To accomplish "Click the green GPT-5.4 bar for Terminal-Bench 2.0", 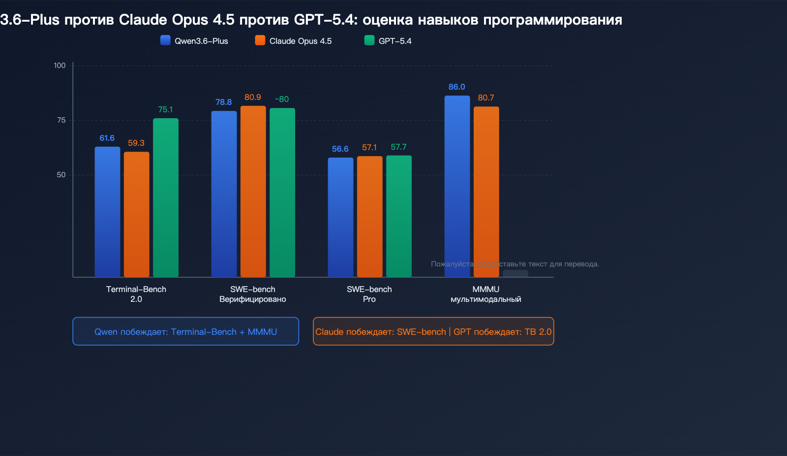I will [x=165, y=197].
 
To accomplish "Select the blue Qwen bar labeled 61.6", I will [x=107, y=212].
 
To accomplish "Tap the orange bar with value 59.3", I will [x=136, y=214].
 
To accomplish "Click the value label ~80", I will [x=282, y=99].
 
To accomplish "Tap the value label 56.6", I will [x=340, y=149].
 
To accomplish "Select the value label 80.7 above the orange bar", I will [x=485, y=98].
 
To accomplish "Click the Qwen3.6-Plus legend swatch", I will [x=165, y=40].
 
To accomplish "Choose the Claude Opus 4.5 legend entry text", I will [x=300, y=41].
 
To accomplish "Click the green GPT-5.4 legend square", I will [x=369, y=40].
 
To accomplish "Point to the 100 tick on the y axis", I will [x=60, y=65].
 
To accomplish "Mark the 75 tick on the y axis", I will [x=61, y=120].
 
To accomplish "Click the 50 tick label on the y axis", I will [x=61, y=175].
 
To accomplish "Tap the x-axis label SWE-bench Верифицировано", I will [x=252, y=294].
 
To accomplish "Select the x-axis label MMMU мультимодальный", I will [x=485, y=294].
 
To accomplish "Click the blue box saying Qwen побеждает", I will [x=185, y=331].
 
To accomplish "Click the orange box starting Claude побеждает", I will [x=433, y=331].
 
